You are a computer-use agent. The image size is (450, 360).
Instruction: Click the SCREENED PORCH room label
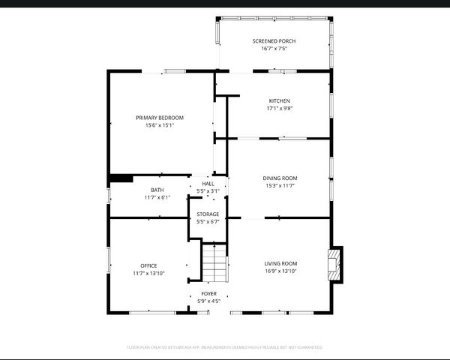274,40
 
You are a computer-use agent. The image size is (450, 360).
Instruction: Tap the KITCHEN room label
279,100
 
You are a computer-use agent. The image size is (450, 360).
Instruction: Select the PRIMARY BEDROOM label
159,118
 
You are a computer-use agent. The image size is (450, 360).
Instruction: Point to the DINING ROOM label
280,178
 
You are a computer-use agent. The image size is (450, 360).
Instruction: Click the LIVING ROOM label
280,263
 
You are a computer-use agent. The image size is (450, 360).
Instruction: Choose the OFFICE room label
148,265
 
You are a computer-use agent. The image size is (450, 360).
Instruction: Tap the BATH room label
157,190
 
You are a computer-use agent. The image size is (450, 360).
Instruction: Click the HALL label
208,183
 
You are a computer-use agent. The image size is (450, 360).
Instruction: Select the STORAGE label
208,214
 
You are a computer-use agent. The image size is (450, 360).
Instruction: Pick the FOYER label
208,293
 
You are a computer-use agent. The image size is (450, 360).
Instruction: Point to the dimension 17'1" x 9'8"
279,108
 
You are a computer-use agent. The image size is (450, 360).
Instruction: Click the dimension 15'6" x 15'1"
159,125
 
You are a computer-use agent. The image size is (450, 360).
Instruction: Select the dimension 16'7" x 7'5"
274,48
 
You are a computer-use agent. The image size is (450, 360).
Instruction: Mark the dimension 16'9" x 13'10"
280,271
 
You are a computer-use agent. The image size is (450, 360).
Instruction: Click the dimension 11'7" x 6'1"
157,197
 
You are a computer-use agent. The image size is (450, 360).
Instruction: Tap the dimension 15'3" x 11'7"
280,185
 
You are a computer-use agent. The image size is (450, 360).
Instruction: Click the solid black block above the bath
121,178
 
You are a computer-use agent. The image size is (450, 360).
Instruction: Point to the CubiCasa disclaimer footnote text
225,347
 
